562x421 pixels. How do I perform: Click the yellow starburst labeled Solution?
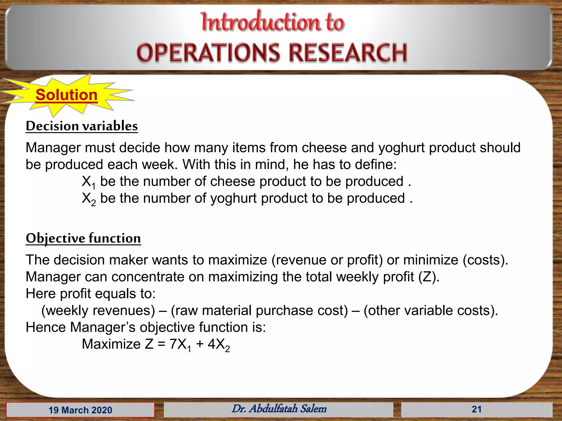67,95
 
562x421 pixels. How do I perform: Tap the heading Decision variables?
82,126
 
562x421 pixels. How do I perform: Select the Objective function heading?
83,238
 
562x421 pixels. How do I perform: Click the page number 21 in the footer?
476,409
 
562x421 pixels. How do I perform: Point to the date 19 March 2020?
80,410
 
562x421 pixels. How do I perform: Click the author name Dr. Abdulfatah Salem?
279,409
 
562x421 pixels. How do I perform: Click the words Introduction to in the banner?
272,22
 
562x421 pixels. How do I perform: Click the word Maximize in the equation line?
111,344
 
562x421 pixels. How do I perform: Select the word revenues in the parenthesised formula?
124,311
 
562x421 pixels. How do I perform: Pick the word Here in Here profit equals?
41,294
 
